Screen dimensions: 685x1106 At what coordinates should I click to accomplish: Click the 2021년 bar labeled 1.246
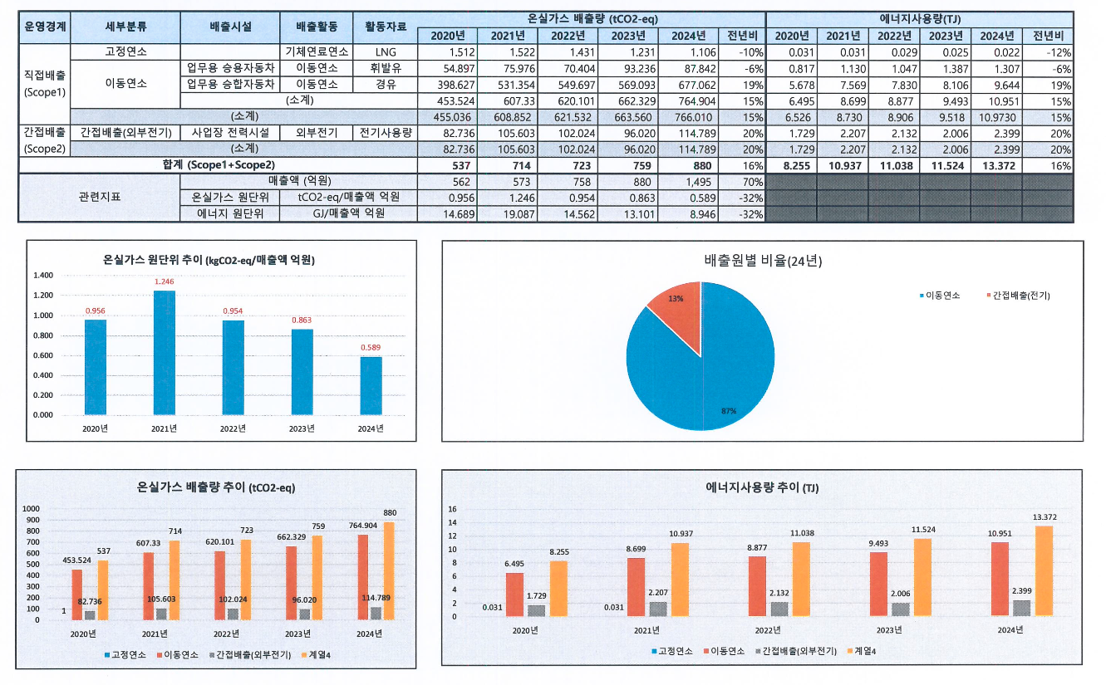[x=165, y=353]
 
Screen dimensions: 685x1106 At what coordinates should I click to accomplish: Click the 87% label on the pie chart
[x=729, y=411]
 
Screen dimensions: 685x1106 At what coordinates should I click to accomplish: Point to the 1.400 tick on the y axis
[x=43, y=276]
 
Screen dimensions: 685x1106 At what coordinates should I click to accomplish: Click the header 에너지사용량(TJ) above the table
[x=919, y=17]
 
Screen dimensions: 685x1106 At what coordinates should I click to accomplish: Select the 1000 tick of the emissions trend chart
[x=31, y=508]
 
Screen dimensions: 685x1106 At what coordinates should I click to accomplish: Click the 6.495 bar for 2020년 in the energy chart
[x=515, y=594]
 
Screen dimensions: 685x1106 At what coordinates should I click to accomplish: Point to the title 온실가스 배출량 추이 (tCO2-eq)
[x=216, y=487]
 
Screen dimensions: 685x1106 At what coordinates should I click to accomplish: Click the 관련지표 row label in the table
[x=98, y=198]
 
